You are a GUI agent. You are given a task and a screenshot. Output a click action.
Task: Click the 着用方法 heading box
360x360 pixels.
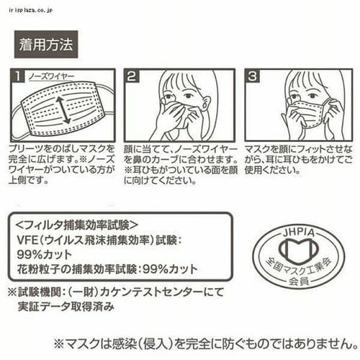(46, 44)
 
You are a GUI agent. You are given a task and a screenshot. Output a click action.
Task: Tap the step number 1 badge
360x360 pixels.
(17, 76)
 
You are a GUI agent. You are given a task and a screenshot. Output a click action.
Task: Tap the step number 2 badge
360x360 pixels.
(132, 76)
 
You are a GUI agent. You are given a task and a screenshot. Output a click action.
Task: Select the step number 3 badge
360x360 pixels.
(252, 76)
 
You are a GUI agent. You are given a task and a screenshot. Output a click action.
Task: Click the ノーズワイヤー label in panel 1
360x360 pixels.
(51, 77)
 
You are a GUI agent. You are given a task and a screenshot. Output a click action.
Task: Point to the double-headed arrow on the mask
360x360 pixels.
(63, 110)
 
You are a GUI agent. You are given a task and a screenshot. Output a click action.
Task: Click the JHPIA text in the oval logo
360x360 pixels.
(298, 233)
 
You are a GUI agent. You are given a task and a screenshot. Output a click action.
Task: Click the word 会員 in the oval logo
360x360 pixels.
(299, 281)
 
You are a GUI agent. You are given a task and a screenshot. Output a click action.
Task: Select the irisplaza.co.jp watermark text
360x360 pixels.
(30, 10)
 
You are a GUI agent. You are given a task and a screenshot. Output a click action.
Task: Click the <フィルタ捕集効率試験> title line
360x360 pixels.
(77, 225)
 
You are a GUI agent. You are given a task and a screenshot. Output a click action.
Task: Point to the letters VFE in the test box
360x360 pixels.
(28, 240)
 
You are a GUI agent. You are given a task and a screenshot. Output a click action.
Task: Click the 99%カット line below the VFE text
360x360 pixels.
(45, 255)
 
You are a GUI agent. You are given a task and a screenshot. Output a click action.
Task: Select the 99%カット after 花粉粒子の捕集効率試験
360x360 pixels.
(170, 269)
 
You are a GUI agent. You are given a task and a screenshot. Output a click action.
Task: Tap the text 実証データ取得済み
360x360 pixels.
(66, 306)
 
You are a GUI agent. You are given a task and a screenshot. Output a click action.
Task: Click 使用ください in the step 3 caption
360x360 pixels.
(272, 170)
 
